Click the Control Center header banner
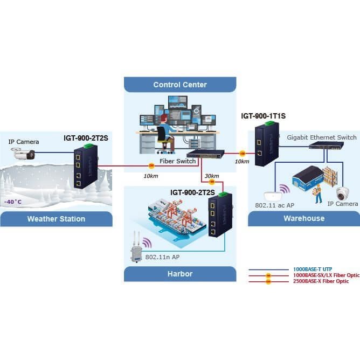pyautogui.click(x=180, y=85)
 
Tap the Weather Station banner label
pyautogui.click(x=56, y=219)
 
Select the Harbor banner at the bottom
pyautogui.click(x=180, y=274)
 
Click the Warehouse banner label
pyautogui.click(x=304, y=218)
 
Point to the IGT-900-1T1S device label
pyautogui.click(x=264, y=116)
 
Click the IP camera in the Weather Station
pyautogui.click(x=23, y=154)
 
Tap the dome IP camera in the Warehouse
pyautogui.click(x=343, y=193)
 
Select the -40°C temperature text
pyautogui.click(x=13, y=202)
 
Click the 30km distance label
pyautogui.click(x=212, y=176)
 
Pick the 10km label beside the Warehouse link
pyautogui.click(x=242, y=162)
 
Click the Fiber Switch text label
pyautogui.click(x=177, y=161)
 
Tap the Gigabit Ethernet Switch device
pyautogui.click(x=326, y=145)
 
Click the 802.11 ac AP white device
pyautogui.click(x=273, y=196)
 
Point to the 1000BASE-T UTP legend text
pyautogui.click(x=313, y=269)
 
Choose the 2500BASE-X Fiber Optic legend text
pyautogui.click(x=321, y=281)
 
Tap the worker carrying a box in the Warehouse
pyautogui.click(x=318, y=193)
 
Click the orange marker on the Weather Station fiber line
pyautogui.click(x=151, y=165)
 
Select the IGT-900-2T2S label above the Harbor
pyautogui.click(x=192, y=192)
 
